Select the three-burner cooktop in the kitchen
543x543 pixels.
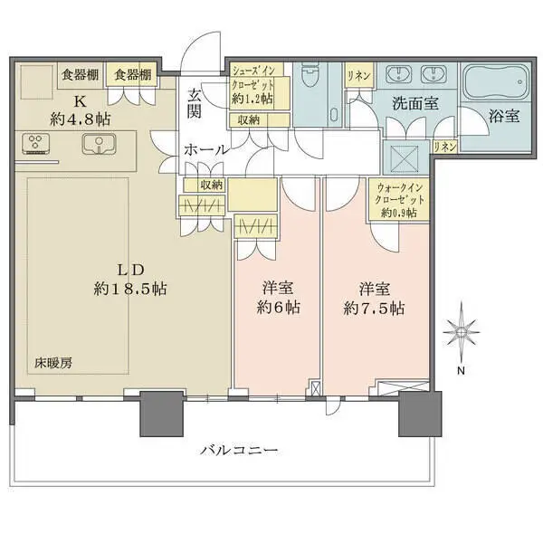(x=35, y=143)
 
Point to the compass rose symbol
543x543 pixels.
(x=461, y=335)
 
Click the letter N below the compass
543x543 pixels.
(x=461, y=370)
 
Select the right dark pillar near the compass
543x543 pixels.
(x=419, y=414)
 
